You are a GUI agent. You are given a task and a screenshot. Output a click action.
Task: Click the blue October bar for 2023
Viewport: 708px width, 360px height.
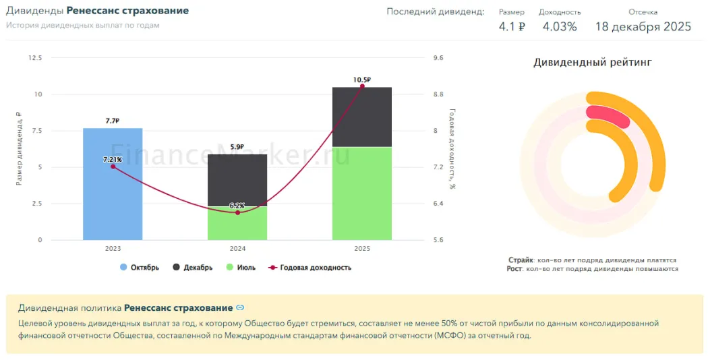(113, 196)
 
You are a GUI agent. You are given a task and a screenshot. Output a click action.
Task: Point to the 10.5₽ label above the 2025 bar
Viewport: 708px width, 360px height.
(362, 80)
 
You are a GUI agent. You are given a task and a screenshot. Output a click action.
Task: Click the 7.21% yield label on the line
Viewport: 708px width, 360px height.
(113, 159)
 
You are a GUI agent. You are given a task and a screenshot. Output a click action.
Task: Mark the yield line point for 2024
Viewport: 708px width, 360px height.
(237, 212)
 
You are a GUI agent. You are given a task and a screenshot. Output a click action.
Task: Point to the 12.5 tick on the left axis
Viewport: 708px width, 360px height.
(34, 58)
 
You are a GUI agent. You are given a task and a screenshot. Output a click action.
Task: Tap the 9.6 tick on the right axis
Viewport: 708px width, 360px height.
(438, 58)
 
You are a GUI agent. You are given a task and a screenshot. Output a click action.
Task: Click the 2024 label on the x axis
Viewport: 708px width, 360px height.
(237, 249)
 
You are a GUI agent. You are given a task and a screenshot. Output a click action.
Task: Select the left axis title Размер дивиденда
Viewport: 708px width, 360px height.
(19, 148)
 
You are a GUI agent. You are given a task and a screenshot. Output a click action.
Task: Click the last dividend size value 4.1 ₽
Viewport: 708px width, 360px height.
(511, 27)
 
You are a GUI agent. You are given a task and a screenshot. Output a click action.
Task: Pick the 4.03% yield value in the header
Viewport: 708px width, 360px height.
(559, 27)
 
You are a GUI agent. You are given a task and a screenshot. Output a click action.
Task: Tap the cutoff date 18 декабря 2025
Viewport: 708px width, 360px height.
(643, 27)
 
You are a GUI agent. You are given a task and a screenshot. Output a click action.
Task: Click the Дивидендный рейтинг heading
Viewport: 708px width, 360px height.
(593, 63)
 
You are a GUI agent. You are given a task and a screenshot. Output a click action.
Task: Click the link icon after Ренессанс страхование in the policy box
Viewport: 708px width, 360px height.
(240, 308)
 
